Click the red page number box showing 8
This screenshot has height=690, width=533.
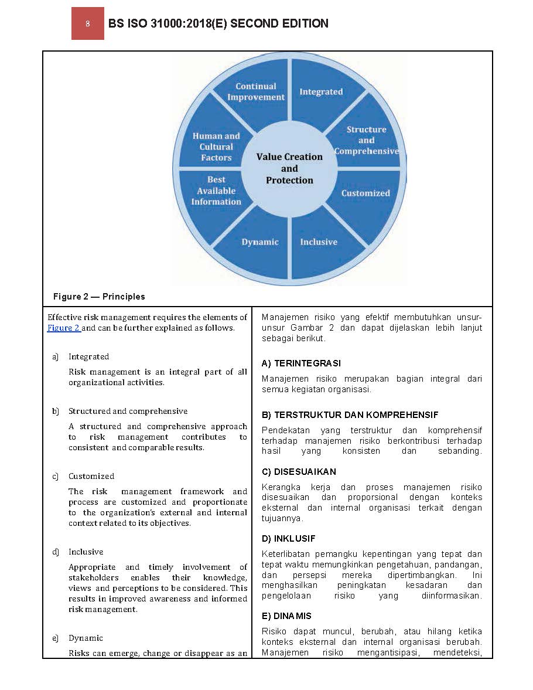(87, 24)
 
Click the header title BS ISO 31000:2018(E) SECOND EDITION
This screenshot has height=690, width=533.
(218, 23)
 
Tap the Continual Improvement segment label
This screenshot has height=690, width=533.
(256, 91)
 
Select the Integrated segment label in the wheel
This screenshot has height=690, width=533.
(321, 91)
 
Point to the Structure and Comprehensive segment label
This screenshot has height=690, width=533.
(366, 140)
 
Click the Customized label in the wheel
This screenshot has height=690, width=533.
(365, 193)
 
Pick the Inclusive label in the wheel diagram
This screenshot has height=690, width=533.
(319, 242)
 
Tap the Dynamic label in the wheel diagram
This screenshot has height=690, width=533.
(260, 242)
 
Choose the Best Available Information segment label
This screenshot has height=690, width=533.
(216, 191)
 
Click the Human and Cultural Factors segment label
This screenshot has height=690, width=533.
(216, 147)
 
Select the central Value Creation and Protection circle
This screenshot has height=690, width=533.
(289, 168)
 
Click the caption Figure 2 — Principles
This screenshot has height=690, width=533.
(99, 297)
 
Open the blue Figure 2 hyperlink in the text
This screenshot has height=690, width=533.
(63, 328)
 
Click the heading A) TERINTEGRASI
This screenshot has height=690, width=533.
(301, 363)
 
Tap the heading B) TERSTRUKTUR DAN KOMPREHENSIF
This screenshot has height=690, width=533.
(350, 415)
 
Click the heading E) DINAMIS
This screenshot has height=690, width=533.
(286, 616)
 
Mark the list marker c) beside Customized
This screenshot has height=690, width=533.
(56, 476)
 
